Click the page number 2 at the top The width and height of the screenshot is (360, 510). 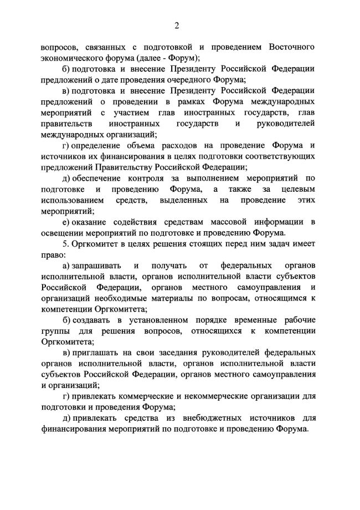coord(177,25)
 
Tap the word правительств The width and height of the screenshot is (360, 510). coord(64,123)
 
